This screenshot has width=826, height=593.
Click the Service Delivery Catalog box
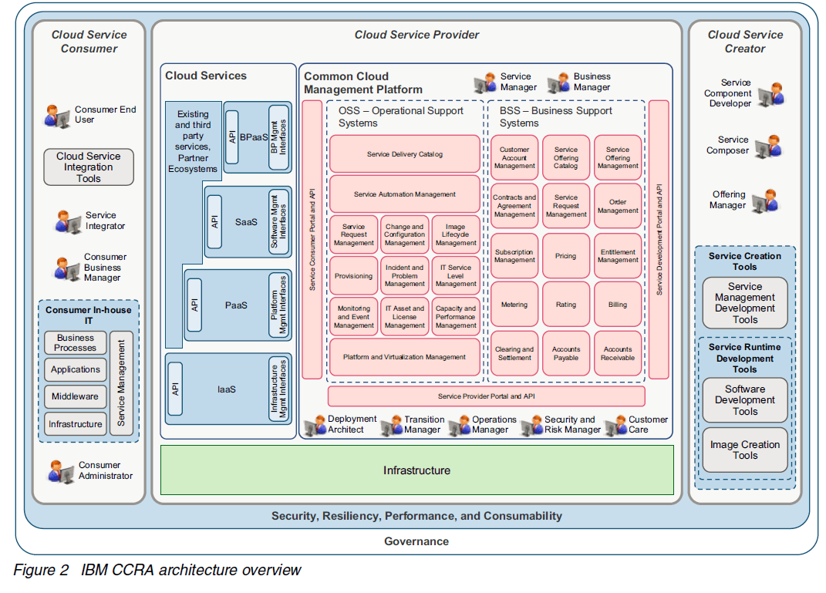point(405,154)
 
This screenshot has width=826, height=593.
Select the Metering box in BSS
point(514,305)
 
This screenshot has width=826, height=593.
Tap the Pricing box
point(565,256)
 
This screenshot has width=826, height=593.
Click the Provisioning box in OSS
point(354,276)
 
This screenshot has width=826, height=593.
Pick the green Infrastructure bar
point(416,470)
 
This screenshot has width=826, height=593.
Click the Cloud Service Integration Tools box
point(88,167)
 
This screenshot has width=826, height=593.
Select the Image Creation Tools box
point(744,450)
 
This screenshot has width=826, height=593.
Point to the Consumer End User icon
point(57,116)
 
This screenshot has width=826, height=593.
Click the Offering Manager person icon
point(766,200)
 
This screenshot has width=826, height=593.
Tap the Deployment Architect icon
point(315,425)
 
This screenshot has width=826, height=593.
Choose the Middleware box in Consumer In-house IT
point(75,396)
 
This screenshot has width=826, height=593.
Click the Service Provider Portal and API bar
point(486,396)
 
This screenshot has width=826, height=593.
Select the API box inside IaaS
point(175,389)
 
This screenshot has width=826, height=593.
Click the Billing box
point(617,305)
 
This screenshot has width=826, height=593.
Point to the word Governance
point(416,541)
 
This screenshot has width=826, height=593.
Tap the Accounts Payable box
point(565,353)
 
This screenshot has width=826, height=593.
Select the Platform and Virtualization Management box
point(405,357)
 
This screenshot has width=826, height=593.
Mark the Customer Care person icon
point(615,425)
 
